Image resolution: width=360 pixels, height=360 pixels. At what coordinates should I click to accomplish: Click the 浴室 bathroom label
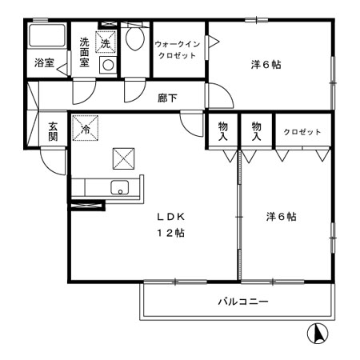pyautogui.click(x=44, y=63)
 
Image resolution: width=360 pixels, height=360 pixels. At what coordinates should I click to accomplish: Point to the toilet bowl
pyautogui.click(x=134, y=39)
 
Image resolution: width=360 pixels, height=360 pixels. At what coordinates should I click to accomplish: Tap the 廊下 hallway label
pyautogui.click(x=166, y=98)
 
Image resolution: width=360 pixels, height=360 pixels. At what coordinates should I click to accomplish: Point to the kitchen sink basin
pyautogui.click(x=119, y=190)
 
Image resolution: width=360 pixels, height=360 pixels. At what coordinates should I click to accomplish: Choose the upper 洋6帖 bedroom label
pyautogui.click(x=263, y=64)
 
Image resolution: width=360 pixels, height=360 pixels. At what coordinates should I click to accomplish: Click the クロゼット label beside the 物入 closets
pyautogui.click(x=302, y=132)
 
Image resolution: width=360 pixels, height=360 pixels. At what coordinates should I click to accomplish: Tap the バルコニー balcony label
pyautogui.click(x=242, y=303)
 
